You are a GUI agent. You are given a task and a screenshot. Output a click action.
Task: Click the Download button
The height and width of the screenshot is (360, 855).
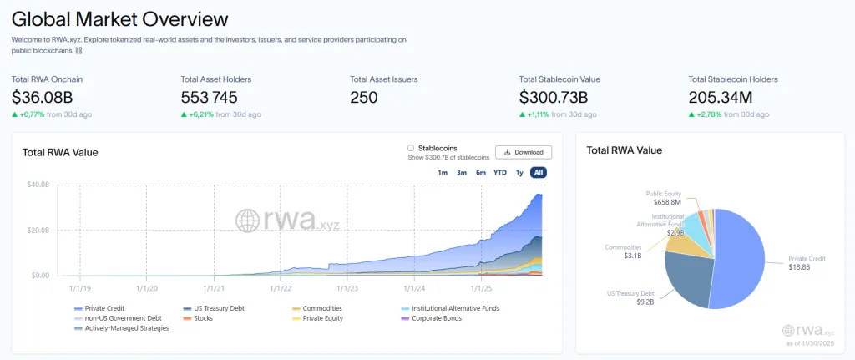click(x=524, y=152)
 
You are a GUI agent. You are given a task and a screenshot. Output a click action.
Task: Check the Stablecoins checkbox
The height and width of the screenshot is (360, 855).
click(x=411, y=148)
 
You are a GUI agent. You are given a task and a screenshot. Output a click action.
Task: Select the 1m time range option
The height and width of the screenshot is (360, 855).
click(x=443, y=173)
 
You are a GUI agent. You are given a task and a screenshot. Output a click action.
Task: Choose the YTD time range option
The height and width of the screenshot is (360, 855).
click(x=499, y=173)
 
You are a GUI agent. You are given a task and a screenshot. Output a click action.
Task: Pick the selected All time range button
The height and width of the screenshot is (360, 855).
click(x=539, y=173)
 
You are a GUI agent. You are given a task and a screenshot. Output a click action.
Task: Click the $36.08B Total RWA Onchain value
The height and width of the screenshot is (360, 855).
click(x=47, y=97)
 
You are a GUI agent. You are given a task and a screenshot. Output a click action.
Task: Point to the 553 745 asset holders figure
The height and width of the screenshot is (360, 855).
click(x=215, y=97)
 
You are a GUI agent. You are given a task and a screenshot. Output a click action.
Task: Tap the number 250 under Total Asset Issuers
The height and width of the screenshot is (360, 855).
click(x=364, y=97)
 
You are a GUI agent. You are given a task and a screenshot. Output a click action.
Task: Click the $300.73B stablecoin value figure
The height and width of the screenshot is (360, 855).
click(x=554, y=97)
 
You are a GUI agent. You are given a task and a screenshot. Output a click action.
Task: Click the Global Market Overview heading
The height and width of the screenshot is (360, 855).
click(x=119, y=18)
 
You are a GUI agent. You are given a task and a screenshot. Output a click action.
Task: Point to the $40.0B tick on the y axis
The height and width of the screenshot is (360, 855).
click(x=39, y=185)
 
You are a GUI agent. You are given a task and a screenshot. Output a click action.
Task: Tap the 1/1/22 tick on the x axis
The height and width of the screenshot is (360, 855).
click(x=281, y=288)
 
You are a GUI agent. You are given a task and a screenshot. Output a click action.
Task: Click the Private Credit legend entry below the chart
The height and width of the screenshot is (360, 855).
click(x=104, y=308)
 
